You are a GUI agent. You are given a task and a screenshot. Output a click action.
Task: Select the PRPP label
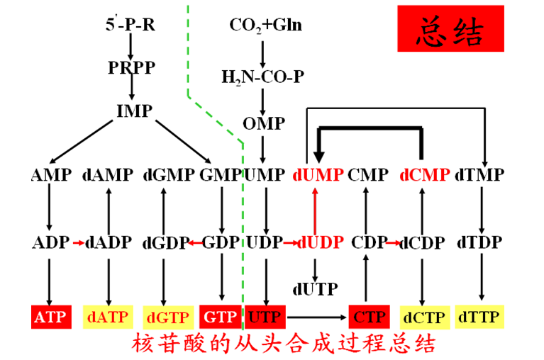click(x=131, y=68)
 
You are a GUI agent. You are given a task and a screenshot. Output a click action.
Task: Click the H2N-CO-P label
click(x=262, y=76)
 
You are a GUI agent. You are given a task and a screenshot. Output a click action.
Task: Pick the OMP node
click(x=263, y=124)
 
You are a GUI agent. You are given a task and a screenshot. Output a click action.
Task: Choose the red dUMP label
click(x=318, y=175)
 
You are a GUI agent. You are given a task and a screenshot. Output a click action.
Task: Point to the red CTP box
click(x=367, y=317)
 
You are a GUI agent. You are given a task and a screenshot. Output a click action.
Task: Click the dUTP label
click(x=314, y=289)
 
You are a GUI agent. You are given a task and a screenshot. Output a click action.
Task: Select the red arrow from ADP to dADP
click(x=77, y=243)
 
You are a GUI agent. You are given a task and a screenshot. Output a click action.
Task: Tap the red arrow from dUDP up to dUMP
click(x=315, y=208)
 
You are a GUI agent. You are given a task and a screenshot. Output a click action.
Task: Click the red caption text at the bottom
click(x=283, y=344)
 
